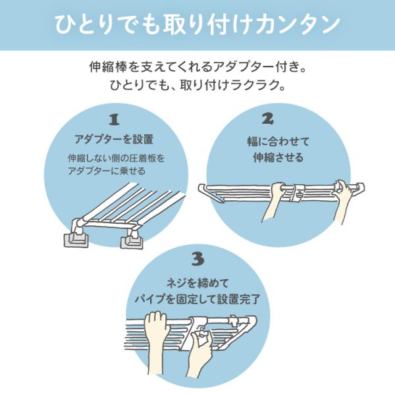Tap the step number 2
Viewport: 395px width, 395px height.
(267, 119)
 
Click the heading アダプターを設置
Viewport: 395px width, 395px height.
(114, 140)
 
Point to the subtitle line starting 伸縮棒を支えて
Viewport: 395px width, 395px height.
(197, 67)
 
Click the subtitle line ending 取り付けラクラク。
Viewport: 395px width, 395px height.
(197, 86)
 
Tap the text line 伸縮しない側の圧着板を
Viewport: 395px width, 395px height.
(114, 159)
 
